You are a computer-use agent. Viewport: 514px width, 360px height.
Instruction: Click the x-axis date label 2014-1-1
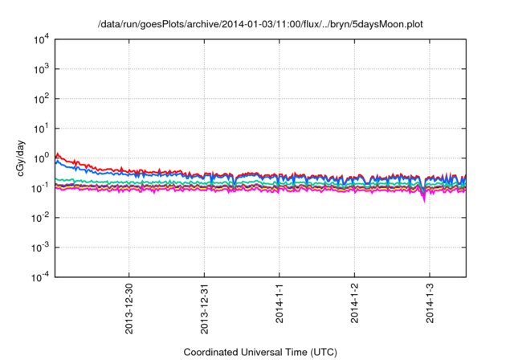click(279, 302)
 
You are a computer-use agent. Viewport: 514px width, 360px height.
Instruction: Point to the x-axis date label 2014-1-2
click(354, 302)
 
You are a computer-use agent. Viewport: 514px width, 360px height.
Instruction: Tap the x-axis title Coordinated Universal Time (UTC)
click(259, 352)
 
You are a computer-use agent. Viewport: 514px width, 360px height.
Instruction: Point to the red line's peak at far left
click(56, 153)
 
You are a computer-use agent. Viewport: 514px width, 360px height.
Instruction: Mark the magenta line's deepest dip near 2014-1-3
click(423, 201)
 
